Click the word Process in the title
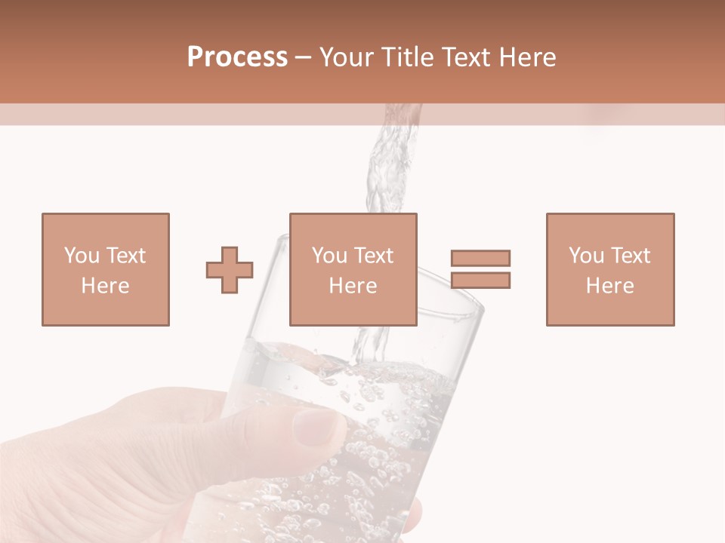pos(237,57)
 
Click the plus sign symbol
pos(230,269)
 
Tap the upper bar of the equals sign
pos(480,259)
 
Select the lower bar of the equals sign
pos(480,281)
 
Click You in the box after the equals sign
pos(586,256)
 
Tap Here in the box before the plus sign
pos(105,286)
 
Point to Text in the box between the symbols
pos(374,256)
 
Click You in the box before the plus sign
pos(82,256)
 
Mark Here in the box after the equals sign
pos(609,286)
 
